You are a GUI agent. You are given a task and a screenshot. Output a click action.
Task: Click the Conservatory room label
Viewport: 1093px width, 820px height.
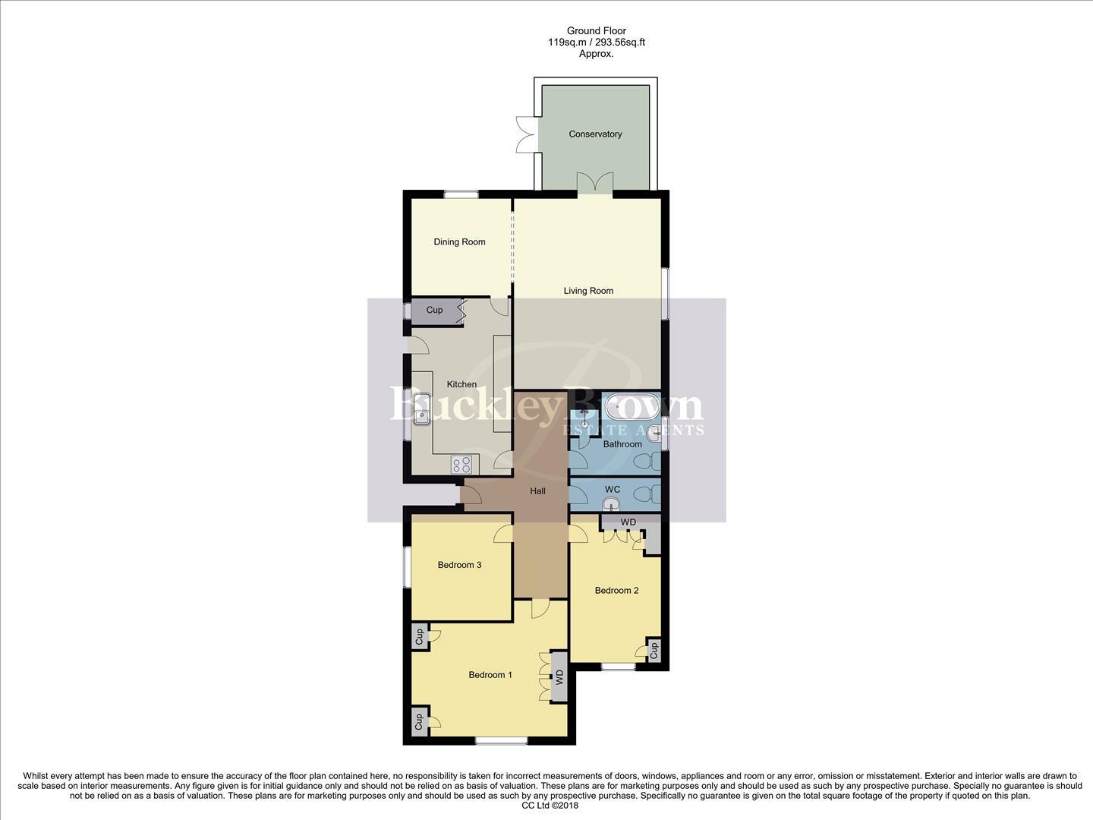(x=595, y=134)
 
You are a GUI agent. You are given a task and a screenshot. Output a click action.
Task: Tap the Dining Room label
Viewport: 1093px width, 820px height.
(x=459, y=242)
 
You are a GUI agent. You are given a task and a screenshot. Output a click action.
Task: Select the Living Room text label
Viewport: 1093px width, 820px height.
(x=588, y=291)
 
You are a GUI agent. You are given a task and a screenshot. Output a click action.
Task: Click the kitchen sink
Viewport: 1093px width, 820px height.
(x=420, y=408)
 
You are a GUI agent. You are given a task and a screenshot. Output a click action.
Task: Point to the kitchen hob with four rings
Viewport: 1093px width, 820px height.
(x=461, y=464)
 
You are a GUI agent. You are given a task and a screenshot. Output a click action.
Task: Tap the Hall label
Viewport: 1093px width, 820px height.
(x=537, y=491)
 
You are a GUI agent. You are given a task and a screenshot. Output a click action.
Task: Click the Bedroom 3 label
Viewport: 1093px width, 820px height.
(x=459, y=565)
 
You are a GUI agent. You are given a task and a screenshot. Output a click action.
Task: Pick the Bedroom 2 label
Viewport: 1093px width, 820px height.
(x=616, y=591)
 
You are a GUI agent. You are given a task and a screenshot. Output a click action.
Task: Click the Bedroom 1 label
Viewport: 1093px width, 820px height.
(x=490, y=675)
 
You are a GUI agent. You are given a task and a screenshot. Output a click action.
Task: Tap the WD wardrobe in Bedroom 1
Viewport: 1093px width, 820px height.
(x=559, y=676)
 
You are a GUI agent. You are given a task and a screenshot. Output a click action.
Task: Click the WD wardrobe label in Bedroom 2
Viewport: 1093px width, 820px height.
(x=628, y=522)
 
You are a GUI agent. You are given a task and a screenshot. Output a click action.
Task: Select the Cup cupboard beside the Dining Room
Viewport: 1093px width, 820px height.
(x=435, y=311)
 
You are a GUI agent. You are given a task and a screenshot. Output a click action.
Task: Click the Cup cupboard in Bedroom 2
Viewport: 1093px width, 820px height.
(x=654, y=651)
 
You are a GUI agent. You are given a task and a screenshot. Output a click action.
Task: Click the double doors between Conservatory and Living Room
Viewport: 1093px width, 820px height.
(x=594, y=183)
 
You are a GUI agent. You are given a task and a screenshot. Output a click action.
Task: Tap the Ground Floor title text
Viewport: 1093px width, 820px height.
(x=597, y=31)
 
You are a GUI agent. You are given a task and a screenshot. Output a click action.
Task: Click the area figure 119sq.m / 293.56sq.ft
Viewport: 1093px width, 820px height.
(x=597, y=43)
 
